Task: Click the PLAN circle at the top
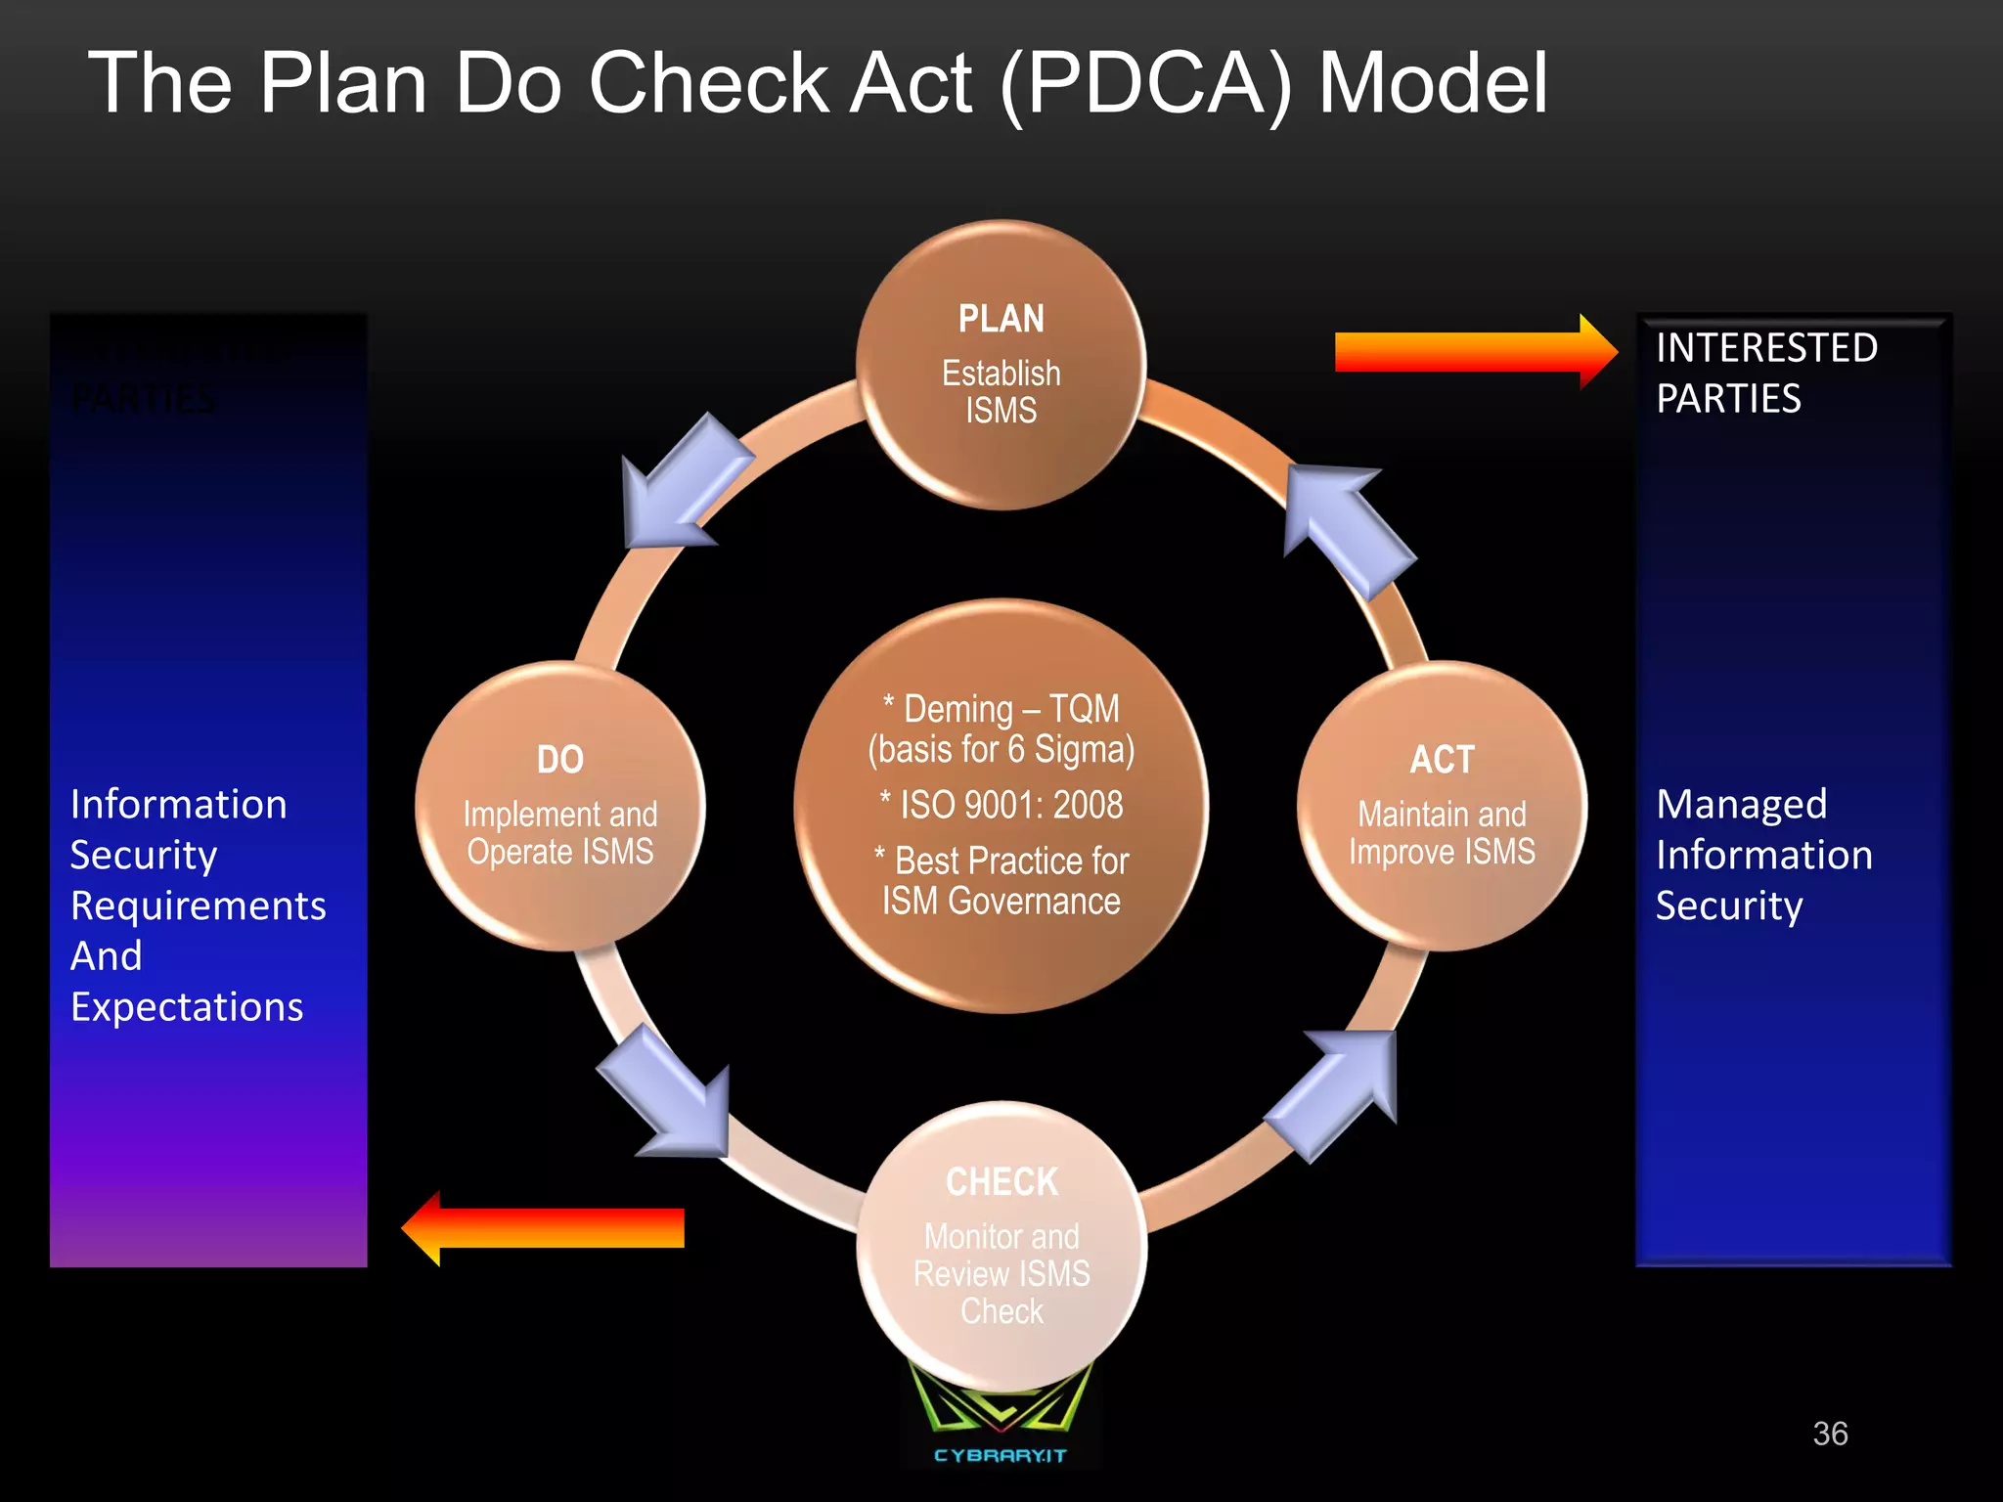pos(1001,364)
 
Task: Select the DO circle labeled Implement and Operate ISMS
pos(559,806)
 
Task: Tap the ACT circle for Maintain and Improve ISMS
pos(1442,806)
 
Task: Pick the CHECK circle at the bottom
pos(1001,1246)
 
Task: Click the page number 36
pos(1830,1434)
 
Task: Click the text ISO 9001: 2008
pos(1010,805)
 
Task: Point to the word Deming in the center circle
pos(957,708)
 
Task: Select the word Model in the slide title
pos(1433,84)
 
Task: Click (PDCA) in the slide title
pos(1145,84)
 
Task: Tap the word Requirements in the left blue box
pos(199,906)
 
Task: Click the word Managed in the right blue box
pos(1741,804)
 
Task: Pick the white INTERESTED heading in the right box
pos(1766,348)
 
